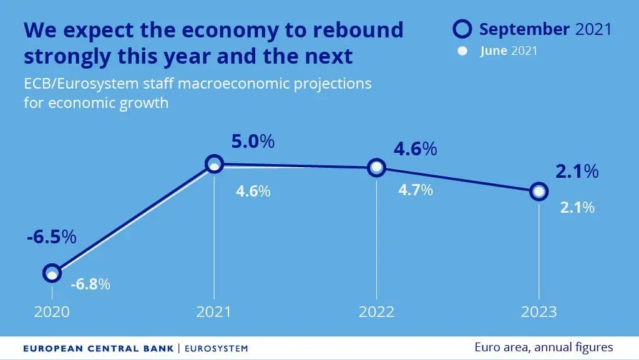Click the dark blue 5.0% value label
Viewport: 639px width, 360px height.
(x=253, y=141)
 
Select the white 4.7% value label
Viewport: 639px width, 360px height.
(x=415, y=190)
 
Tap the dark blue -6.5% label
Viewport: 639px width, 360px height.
(x=52, y=236)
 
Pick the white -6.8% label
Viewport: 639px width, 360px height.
(x=90, y=284)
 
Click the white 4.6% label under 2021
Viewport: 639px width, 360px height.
(x=253, y=191)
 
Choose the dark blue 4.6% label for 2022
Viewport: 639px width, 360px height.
(x=415, y=149)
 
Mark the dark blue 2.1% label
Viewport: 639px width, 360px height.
(x=577, y=172)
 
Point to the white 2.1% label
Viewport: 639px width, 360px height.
(x=577, y=208)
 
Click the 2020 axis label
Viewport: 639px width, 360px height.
(x=52, y=312)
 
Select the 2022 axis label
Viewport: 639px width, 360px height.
(x=376, y=312)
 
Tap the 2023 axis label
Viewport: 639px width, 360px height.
(x=539, y=312)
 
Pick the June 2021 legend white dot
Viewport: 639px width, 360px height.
(x=462, y=51)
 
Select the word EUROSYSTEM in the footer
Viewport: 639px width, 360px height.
(x=217, y=349)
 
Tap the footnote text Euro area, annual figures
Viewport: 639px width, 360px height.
(x=544, y=348)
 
